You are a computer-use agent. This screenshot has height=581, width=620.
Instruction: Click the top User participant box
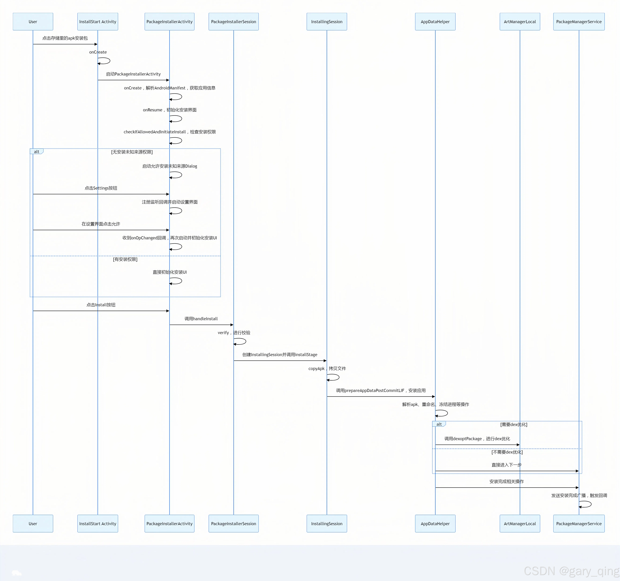pos(33,22)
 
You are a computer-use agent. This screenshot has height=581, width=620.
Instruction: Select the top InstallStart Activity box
pos(98,22)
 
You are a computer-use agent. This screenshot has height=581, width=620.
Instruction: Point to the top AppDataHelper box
pos(435,22)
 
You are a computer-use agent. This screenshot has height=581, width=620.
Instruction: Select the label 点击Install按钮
pos(101,305)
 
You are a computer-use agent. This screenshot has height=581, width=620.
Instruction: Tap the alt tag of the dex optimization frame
pos(439,424)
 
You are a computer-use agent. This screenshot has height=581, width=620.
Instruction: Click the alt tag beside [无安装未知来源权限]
pos(36,152)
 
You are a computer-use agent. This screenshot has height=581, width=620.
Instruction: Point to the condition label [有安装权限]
pos(125,259)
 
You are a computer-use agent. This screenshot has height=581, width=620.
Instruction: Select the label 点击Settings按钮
pos(101,188)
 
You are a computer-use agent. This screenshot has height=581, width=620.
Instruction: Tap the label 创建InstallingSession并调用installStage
pos(280,355)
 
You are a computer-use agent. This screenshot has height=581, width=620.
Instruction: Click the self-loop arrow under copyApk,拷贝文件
pos(333,377)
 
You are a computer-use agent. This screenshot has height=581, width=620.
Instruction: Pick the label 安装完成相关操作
pos(506,482)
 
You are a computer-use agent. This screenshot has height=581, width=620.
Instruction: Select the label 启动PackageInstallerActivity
pos(133,74)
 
